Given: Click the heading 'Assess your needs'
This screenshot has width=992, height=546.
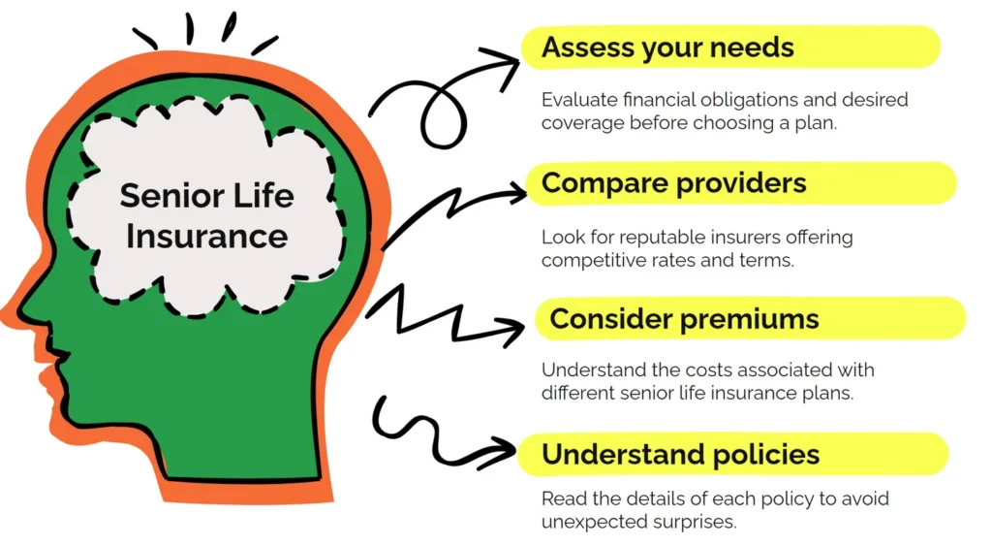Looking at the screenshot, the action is click(667, 48).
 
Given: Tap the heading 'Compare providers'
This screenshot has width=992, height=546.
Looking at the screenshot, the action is click(674, 183).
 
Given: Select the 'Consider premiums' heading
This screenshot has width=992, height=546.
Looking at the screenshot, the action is click(684, 319).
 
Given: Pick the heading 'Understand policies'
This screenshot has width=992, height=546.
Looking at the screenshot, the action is click(681, 455).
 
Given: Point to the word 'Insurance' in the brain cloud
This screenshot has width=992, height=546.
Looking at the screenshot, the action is click(207, 237).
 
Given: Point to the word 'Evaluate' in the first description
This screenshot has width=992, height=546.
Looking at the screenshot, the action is click(579, 100).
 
